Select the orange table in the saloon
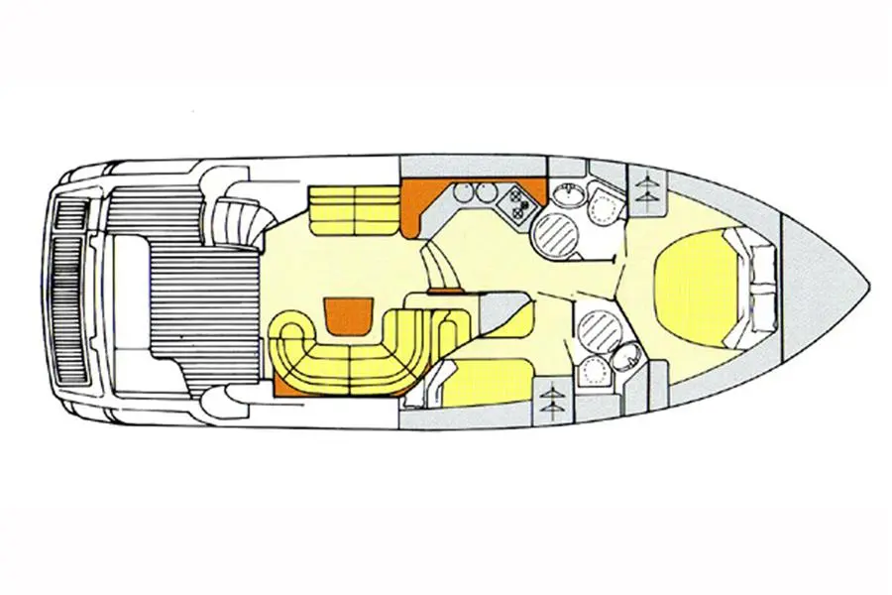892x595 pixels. click(x=346, y=315)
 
